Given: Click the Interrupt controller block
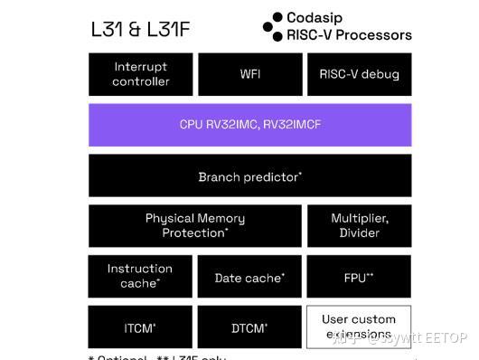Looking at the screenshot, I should (141, 74).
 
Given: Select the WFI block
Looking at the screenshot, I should (249, 74).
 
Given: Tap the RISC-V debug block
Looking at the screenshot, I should (359, 74).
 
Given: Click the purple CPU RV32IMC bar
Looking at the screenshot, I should (249, 125).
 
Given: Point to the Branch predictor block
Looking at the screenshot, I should (249, 176).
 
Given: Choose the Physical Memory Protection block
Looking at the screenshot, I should (195, 226).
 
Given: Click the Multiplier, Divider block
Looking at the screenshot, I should (359, 226).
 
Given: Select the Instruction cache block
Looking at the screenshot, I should (140, 277).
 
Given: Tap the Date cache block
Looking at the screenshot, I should (249, 278).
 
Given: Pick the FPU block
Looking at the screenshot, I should (359, 278).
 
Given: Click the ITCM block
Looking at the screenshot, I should (140, 327).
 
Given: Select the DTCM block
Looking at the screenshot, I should (249, 327).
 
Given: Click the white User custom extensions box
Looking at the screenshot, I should (359, 327).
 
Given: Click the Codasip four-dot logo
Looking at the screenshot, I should (273, 25).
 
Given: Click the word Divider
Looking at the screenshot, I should (360, 233).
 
